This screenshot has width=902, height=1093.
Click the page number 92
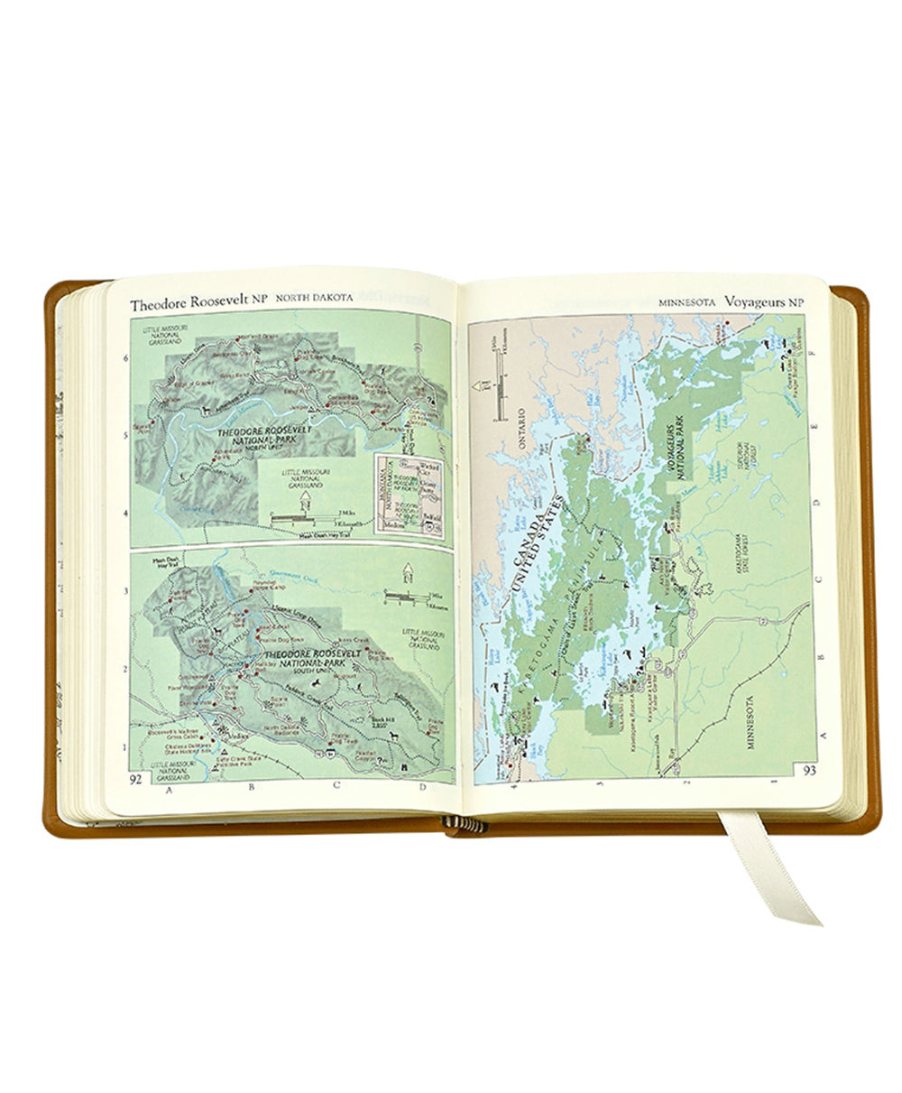pos(136,778)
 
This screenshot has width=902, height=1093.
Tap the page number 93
pos(810,770)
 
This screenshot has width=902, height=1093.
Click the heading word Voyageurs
pos(774,303)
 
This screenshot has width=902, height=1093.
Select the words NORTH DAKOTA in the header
pos(314,298)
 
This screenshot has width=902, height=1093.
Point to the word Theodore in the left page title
pos(161,305)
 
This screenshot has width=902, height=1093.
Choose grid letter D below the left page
pos(421,785)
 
